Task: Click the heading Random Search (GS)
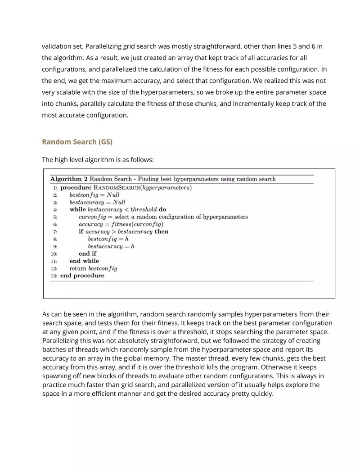[77, 142]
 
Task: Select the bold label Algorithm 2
[69, 179]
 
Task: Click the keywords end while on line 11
[84, 261]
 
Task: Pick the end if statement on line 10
[87, 253]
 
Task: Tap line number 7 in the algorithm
[55, 232]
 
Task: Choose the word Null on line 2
[113, 195]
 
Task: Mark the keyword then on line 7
[161, 232]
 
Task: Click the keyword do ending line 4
[162, 210]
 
